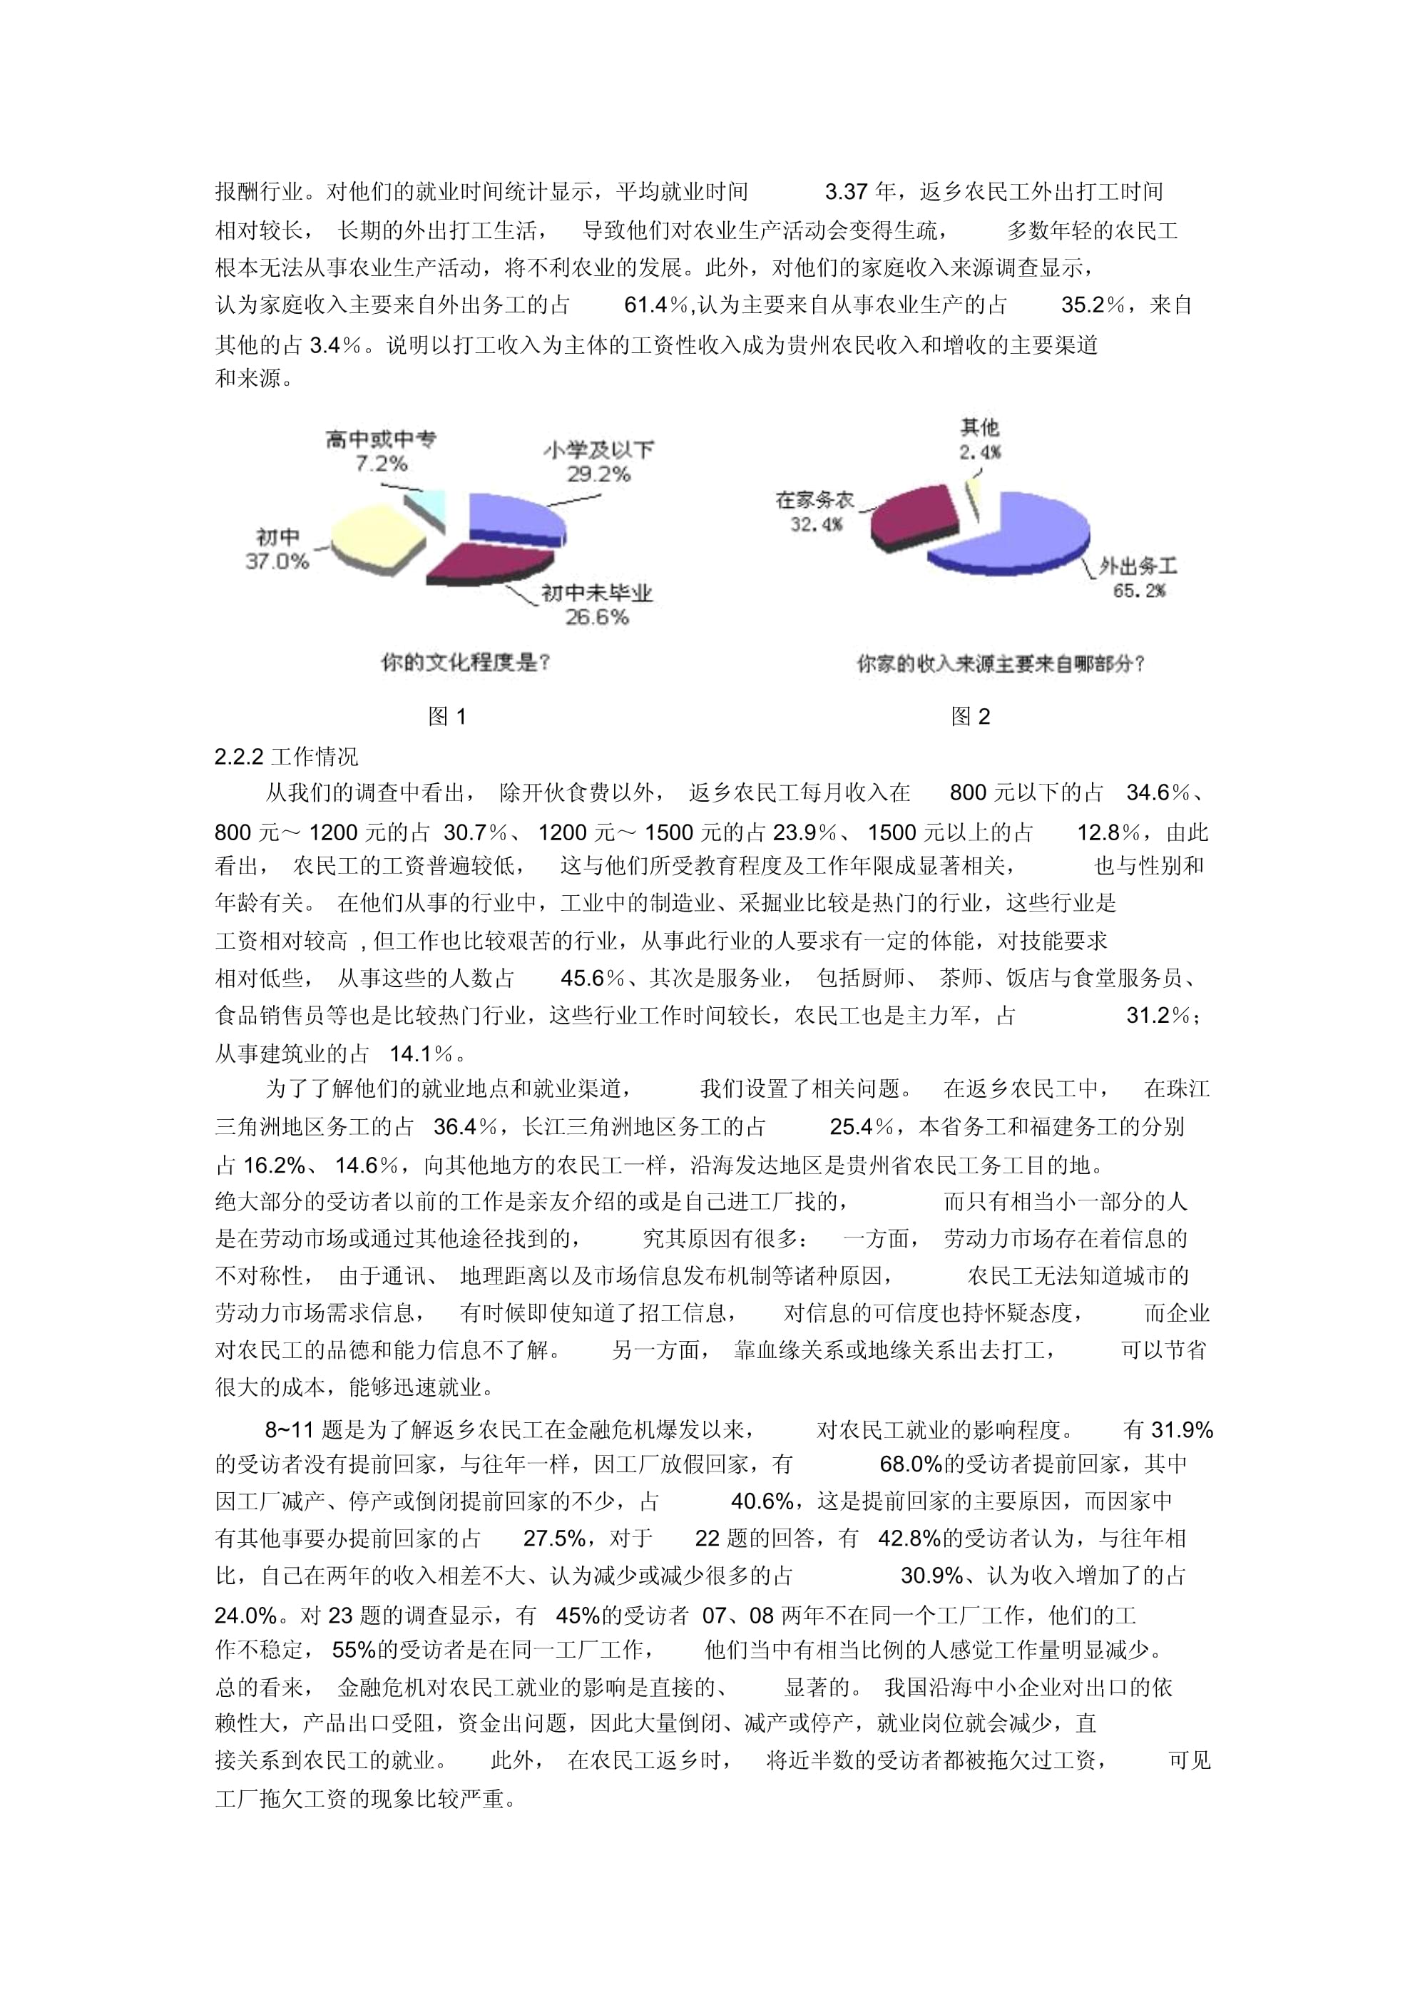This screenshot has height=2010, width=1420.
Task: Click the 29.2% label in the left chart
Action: click(598, 474)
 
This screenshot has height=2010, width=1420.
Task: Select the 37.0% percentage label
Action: click(277, 561)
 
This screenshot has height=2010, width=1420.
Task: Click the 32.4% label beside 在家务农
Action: click(816, 524)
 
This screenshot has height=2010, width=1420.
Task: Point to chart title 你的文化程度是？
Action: click(465, 663)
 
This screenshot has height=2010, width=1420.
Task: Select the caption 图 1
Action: click(447, 717)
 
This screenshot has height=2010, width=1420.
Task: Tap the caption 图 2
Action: click(970, 717)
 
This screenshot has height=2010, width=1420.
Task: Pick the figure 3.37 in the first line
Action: click(846, 192)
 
